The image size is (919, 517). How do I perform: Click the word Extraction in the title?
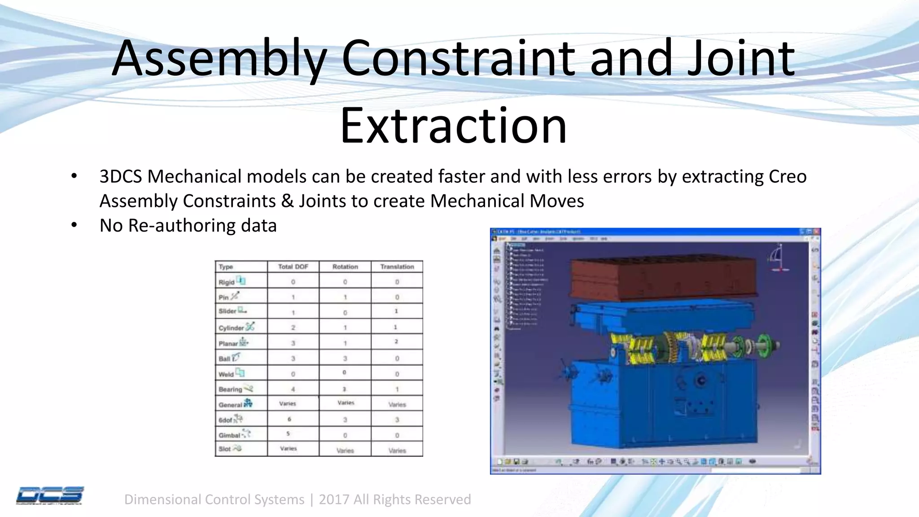tap(453, 126)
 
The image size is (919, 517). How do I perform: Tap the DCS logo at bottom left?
tap(49, 495)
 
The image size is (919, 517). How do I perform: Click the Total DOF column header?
tap(293, 267)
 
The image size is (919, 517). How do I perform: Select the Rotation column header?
tap(345, 267)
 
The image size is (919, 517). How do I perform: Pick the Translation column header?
tap(397, 267)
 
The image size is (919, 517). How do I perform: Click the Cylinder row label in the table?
tap(232, 328)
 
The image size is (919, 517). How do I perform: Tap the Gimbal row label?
tap(230, 435)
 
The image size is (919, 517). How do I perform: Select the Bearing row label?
tap(231, 389)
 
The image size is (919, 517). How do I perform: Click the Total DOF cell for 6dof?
tap(289, 419)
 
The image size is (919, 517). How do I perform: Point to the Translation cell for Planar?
tap(396, 342)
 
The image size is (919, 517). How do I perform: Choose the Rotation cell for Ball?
tap(345, 358)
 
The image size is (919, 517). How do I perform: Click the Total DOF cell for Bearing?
tap(293, 389)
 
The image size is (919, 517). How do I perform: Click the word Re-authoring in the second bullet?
tap(181, 225)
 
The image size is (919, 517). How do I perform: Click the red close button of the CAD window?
tap(817, 232)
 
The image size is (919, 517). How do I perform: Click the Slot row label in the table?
tap(225, 449)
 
